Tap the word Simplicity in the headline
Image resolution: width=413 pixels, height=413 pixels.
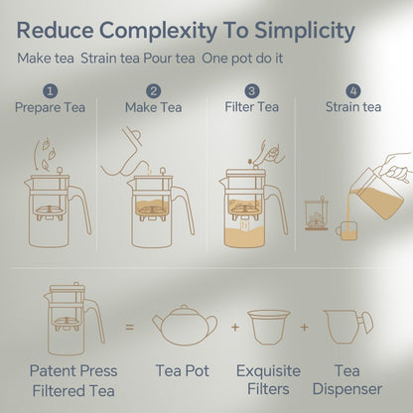point(302,30)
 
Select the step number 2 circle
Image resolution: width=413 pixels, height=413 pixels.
point(153,91)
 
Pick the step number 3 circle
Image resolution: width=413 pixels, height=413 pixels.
point(252,91)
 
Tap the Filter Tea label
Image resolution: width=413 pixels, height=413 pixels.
point(252,107)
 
